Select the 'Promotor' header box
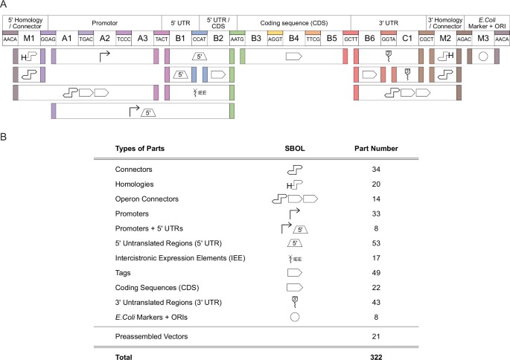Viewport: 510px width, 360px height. coord(105,23)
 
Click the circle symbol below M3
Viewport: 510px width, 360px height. coord(482,56)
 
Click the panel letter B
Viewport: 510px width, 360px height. coord(5,136)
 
